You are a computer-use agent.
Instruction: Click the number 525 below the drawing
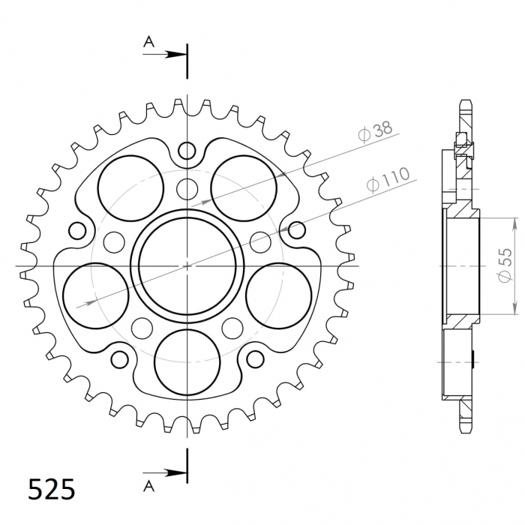click(52, 490)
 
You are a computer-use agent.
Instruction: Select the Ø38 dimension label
click(375, 132)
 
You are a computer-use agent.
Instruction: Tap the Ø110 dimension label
click(387, 181)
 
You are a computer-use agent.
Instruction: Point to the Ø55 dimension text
click(505, 265)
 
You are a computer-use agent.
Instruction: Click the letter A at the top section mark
click(149, 43)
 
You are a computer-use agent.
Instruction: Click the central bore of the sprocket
click(186, 265)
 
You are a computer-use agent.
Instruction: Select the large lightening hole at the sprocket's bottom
click(186, 358)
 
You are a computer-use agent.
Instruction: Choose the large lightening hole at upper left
click(130, 185)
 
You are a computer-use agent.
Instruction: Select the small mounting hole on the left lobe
click(76, 229)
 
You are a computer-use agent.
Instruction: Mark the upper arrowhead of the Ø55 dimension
click(515, 223)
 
